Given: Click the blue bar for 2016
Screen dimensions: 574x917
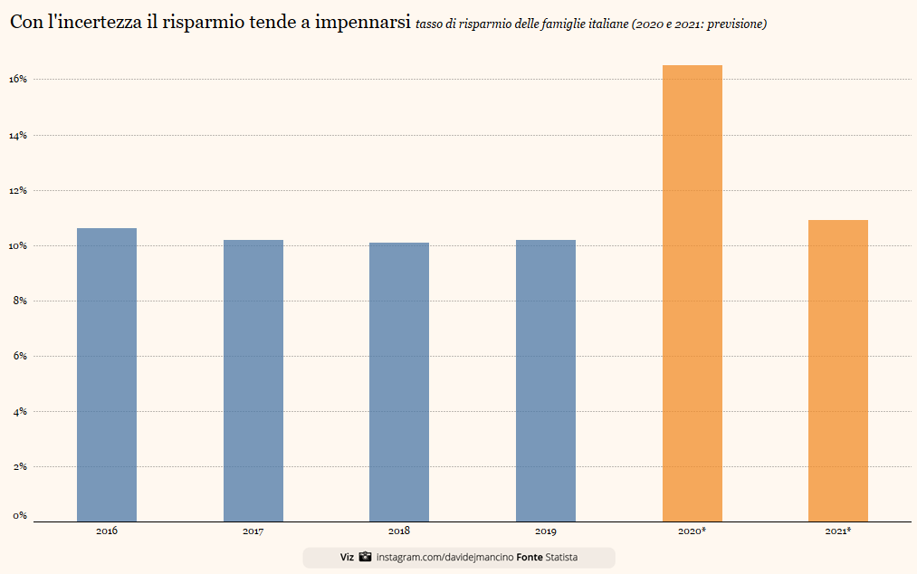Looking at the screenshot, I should (107, 375).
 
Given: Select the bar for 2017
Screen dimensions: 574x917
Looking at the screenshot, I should (253, 380).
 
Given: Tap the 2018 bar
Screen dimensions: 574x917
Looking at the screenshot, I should (399, 382).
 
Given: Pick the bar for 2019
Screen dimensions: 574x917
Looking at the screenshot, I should (546, 380).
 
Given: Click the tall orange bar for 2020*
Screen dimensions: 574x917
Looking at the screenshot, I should (693, 293).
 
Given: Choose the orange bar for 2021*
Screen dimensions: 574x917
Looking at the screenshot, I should (838, 370).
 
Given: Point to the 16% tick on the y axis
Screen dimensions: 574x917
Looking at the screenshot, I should (18, 80).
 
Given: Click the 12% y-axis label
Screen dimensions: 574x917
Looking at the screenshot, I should (18, 191).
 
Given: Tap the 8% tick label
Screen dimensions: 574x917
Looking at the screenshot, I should (20, 301).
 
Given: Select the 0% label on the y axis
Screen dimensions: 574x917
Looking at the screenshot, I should (20, 516).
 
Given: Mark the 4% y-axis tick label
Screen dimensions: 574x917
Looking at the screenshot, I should (20, 412).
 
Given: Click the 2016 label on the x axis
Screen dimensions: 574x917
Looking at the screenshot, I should (107, 531).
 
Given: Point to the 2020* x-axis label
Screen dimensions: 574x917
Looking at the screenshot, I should (692, 531).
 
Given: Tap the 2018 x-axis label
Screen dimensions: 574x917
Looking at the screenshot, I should (399, 531).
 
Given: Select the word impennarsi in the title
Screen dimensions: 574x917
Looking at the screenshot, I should (360, 23).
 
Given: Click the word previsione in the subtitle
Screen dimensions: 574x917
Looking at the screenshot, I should (735, 24).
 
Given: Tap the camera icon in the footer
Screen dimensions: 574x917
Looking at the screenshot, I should (365, 557).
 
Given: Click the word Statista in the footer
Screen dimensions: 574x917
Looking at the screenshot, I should (562, 558).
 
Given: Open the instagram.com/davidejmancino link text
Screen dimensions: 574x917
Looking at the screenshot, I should (444, 558).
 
